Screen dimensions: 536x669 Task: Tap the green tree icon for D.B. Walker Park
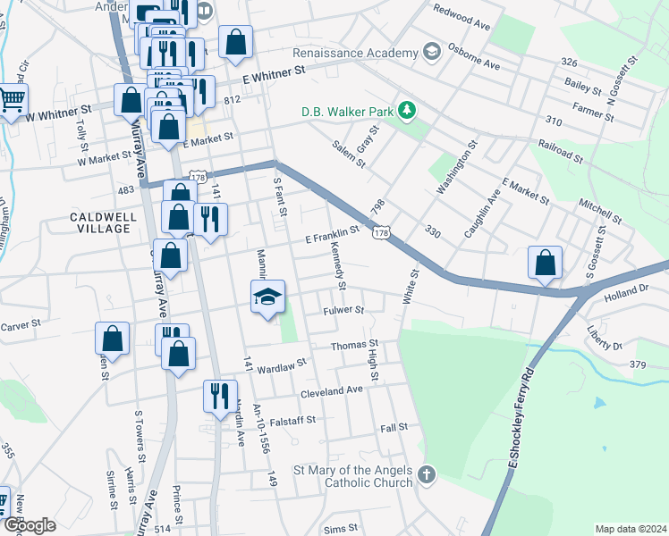(408, 111)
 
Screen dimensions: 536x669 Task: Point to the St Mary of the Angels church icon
(427, 474)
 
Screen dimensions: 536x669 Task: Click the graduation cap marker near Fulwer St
(267, 297)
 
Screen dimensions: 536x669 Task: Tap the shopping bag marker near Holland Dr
(545, 263)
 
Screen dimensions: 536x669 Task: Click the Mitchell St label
(600, 212)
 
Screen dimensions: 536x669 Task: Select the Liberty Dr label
(605, 339)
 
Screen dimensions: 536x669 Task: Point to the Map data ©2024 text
(631, 529)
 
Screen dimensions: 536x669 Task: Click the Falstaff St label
(289, 421)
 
